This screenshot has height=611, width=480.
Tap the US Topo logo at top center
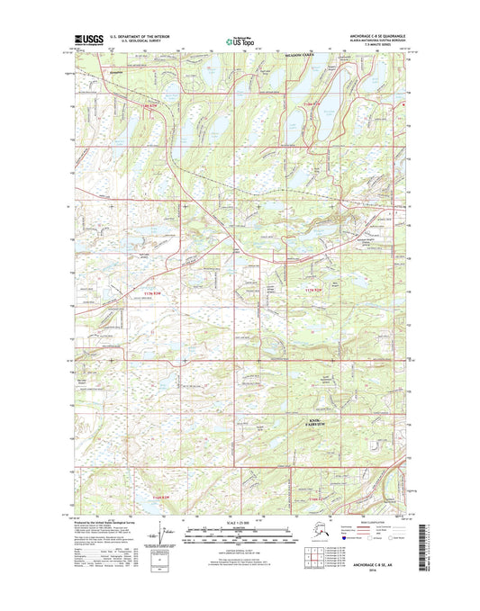click(239, 40)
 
